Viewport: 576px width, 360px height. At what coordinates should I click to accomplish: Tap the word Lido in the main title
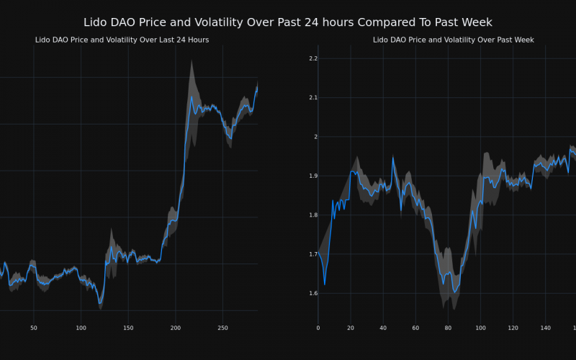[x=96, y=22]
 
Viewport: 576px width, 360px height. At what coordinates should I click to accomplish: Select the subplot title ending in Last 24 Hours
[x=122, y=40]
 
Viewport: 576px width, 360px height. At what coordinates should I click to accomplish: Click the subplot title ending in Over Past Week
[x=453, y=40]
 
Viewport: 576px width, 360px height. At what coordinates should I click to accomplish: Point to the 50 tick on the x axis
[x=34, y=328]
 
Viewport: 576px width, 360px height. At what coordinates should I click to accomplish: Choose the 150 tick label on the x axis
[x=128, y=328]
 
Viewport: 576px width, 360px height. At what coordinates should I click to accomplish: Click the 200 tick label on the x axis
[x=176, y=328]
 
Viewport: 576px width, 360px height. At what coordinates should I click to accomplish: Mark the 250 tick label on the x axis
[x=222, y=328]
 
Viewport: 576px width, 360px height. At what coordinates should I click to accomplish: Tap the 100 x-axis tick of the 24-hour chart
[x=81, y=328]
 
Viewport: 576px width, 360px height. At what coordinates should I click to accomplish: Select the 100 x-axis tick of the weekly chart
[x=480, y=328]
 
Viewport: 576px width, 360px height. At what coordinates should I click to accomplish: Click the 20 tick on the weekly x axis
[x=351, y=328]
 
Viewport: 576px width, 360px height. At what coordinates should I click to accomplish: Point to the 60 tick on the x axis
[x=415, y=328]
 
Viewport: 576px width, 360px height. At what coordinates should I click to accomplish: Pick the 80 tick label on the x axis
[x=448, y=328]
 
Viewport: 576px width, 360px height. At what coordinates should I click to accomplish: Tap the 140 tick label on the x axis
[x=545, y=328]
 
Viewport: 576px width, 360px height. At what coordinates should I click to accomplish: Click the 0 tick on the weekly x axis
[x=318, y=328]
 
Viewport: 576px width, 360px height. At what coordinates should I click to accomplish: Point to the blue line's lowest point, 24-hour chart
[x=100, y=302]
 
